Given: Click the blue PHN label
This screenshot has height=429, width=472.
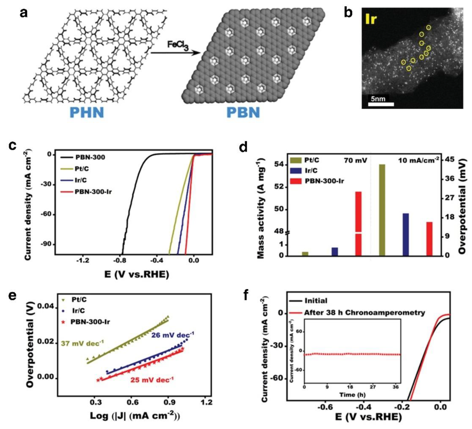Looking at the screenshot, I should coord(87,112).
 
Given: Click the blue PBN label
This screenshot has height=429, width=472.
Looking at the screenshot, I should coord(243,112).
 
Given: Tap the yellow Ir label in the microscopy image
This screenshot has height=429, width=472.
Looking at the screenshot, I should coord(371,19).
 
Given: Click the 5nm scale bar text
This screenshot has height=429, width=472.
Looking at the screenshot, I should coord(378,99).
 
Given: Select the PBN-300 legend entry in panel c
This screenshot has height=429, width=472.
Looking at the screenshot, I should coord(90,157).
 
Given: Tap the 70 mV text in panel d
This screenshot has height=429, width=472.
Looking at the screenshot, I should coord(356,161).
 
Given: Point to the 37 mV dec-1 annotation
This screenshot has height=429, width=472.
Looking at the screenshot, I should coord(82,343).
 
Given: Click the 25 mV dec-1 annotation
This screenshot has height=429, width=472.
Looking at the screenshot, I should coord(152,380).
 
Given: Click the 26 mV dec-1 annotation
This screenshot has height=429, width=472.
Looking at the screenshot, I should coord(172,335).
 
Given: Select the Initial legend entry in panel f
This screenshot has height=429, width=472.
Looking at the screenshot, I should coord(316,301).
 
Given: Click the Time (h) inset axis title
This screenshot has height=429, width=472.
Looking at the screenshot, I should coord(352,395).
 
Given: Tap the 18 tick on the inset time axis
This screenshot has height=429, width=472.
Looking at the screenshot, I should coord(350,387).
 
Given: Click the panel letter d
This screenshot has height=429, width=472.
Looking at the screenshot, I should coord(243,148).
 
